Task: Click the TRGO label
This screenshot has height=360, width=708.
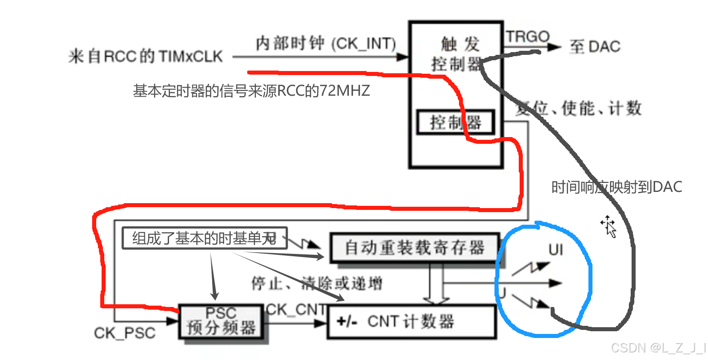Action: tap(527, 36)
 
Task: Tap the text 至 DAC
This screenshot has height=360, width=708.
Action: tap(595, 47)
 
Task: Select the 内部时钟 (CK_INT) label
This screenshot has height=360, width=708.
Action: tap(325, 44)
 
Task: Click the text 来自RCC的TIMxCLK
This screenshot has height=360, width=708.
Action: tap(145, 57)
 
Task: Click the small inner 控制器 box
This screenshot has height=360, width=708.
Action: tap(455, 122)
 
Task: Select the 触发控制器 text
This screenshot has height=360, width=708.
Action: tap(457, 54)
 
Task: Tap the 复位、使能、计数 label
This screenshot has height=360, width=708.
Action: tap(579, 108)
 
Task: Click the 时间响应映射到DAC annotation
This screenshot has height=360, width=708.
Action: tap(616, 187)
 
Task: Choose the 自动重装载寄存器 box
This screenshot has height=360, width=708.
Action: tap(414, 248)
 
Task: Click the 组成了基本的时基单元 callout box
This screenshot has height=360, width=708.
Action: tap(205, 238)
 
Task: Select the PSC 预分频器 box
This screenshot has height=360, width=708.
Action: tap(221, 321)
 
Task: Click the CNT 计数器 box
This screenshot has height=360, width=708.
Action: tap(411, 321)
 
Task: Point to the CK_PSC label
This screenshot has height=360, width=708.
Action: tap(125, 333)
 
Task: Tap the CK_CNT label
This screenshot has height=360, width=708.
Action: tap(296, 309)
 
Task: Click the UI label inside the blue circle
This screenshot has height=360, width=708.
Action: tap(556, 250)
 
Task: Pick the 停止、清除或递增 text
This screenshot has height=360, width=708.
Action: tap(316, 283)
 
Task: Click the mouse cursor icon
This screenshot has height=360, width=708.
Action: tap(609, 226)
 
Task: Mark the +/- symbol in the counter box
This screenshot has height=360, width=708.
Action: tap(347, 321)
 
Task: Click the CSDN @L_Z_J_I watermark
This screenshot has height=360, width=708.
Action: tap(659, 348)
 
